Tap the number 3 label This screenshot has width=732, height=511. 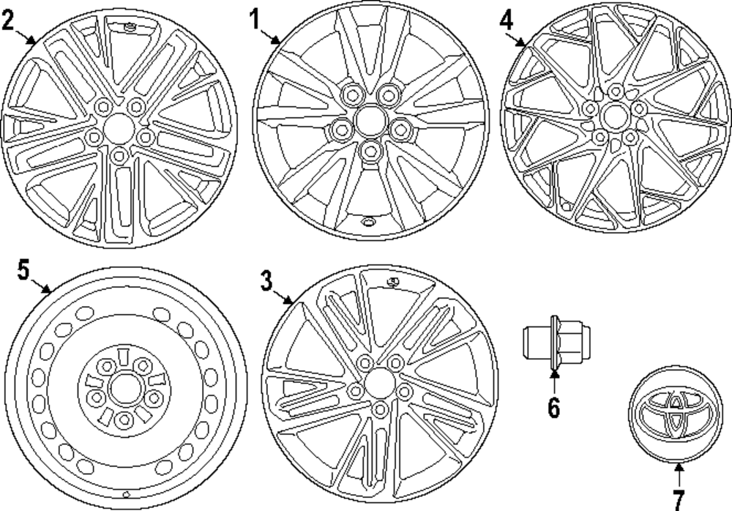[267, 279]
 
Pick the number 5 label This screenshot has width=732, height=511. [23, 270]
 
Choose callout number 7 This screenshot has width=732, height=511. [678, 499]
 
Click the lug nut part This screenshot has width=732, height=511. [544, 340]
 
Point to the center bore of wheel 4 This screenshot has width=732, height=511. [614, 115]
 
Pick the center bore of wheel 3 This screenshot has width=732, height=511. [378, 382]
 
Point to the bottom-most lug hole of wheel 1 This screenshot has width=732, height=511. [372, 152]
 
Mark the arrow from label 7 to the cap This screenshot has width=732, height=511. [678, 476]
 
